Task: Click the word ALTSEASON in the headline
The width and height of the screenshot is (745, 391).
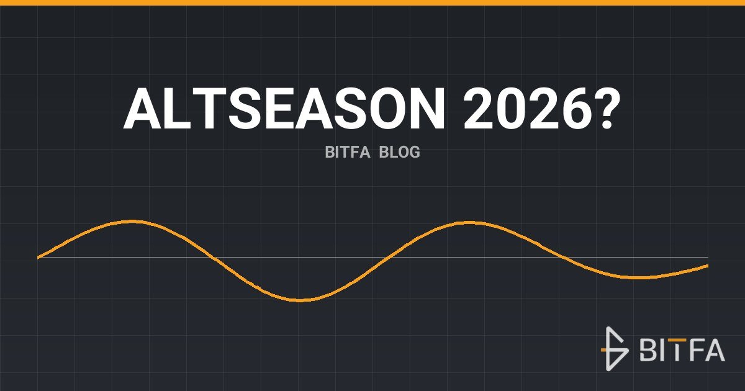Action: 284,109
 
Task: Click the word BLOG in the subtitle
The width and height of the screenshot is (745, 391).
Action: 399,152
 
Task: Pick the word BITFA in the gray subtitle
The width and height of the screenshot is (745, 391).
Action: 347,152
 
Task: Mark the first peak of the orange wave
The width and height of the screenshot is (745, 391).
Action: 133,222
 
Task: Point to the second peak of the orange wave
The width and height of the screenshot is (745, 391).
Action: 469,222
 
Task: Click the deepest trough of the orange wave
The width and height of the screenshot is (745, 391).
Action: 300,300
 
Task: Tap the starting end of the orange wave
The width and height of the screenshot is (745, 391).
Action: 38,258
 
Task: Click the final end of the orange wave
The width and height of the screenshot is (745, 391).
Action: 707,266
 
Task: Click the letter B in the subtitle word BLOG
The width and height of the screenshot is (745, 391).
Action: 384,152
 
